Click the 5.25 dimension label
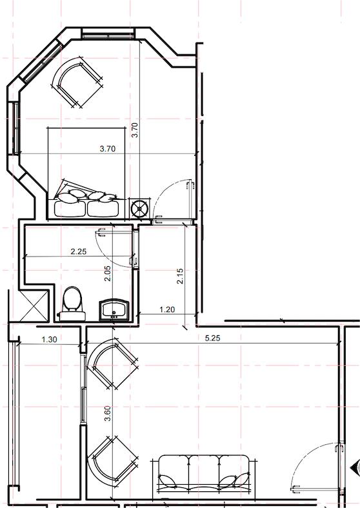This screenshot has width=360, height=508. coord(213,338)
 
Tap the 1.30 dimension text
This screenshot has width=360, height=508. coord(50,339)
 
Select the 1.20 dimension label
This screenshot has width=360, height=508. coord(167,309)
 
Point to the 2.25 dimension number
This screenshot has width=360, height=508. coord(79,251)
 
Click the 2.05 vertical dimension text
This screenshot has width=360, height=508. coord(108,273)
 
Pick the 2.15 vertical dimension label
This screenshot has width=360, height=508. coord(180,276)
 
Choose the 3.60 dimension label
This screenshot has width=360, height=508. coord(108,413)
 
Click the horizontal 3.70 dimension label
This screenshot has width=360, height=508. coord(107,149)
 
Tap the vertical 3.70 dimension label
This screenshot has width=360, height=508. coord(135,130)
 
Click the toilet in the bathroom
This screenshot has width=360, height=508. coord(72,304)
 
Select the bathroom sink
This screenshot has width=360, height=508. coord(114,309)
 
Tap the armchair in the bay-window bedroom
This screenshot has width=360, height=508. coord(77,82)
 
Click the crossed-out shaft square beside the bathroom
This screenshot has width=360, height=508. coord(34,306)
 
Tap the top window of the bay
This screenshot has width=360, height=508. coord(108,34)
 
